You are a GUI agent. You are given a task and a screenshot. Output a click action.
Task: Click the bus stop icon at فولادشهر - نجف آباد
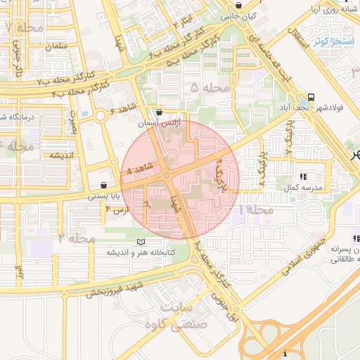click(x=311, y=97)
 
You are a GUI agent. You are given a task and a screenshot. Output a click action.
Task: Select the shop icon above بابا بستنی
click(x=103, y=185)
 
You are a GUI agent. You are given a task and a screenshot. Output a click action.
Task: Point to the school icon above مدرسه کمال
click(x=303, y=176)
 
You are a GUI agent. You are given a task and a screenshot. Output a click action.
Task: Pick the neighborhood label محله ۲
click(x=77, y=238)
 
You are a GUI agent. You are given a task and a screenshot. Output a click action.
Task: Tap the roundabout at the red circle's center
click(x=167, y=175)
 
